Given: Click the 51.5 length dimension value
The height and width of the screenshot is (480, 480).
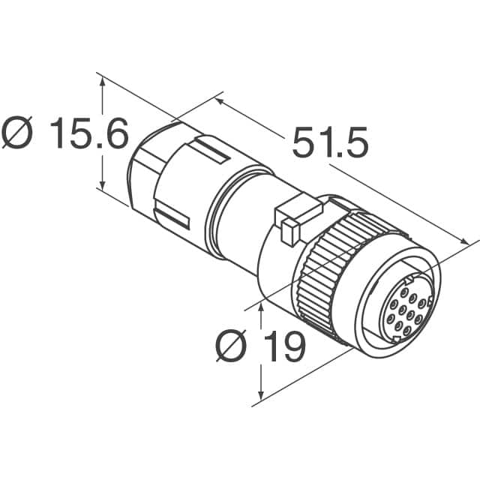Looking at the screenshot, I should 330,144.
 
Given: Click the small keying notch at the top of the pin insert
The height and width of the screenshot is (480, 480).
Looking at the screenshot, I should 407,275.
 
